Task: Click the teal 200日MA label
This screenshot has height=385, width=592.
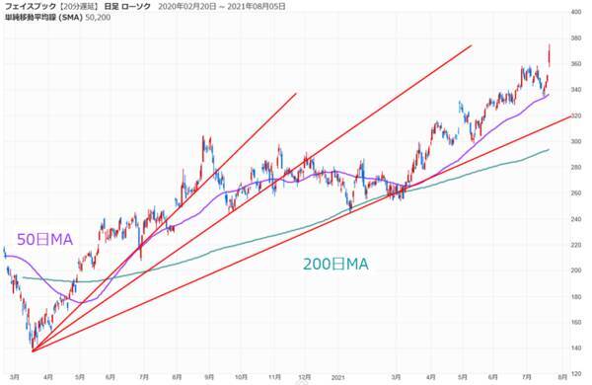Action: click(335, 265)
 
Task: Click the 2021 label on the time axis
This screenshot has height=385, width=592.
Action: click(337, 376)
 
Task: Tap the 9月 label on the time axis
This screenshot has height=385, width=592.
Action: click(208, 376)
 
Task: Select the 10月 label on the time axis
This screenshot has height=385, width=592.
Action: click(242, 376)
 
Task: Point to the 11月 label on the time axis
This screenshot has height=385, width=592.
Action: click(275, 376)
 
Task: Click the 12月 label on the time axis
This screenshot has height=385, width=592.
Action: click(307, 376)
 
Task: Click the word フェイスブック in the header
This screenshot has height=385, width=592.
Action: click(30, 8)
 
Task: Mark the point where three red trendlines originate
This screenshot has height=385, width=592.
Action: click(33, 350)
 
